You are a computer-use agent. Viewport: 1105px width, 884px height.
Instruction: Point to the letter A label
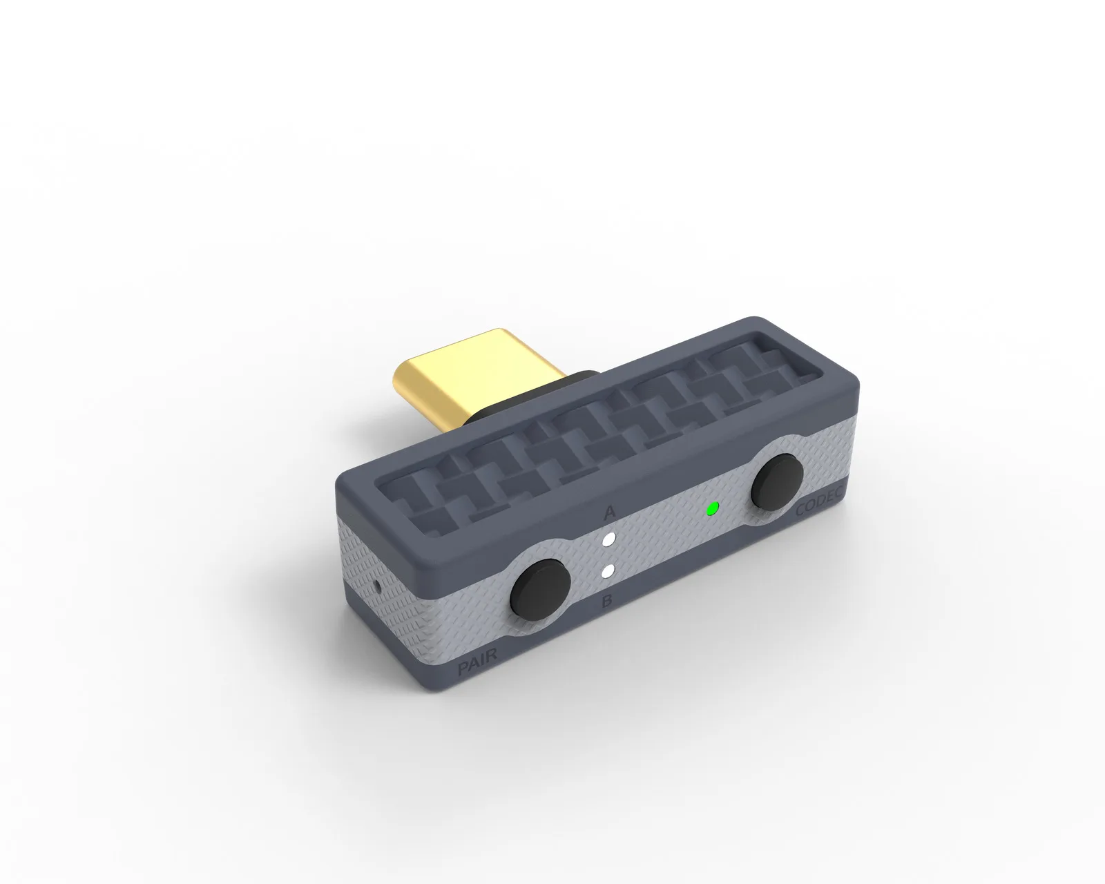[x=610, y=512]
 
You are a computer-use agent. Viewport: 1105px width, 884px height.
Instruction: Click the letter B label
[x=607, y=600]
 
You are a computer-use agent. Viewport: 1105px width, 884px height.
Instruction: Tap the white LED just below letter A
[x=610, y=539]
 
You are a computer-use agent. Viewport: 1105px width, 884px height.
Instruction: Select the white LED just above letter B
[x=608, y=571]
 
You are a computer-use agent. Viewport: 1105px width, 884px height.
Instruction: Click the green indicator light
[x=713, y=509]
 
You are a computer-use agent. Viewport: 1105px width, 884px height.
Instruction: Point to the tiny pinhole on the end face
[x=379, y=585]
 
